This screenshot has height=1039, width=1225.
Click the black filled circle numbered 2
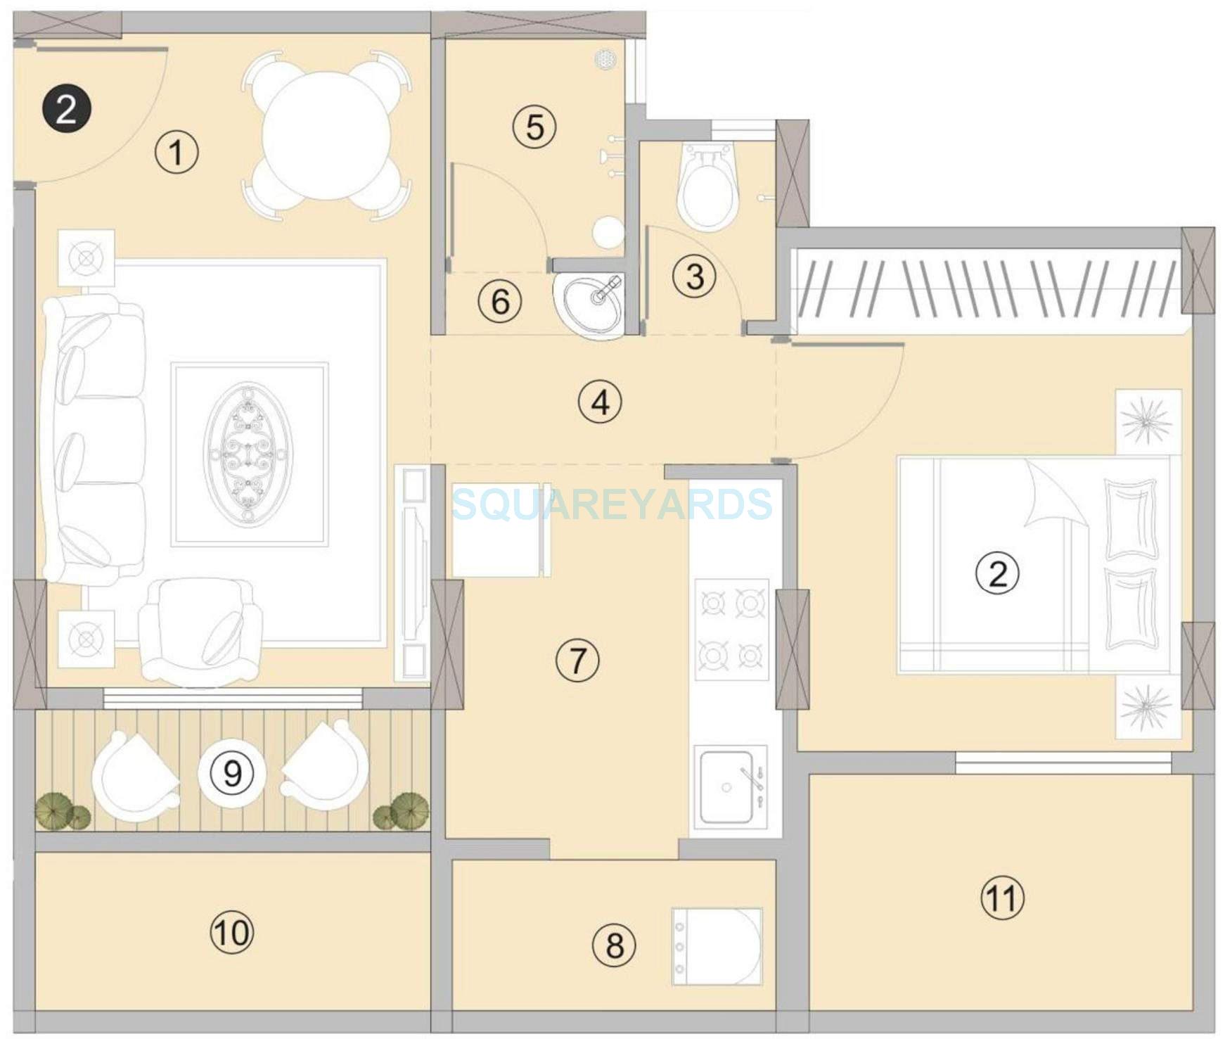click(65, 110)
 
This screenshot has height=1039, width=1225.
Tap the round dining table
click(326, 136)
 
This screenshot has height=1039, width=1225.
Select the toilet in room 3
click(709, 186)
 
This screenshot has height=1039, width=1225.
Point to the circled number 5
click(534, 127)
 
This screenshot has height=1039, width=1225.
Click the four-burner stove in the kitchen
click(731, 629)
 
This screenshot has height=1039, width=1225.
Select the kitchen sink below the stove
click(727, 786)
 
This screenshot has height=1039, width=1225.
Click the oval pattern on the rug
click(249, 452)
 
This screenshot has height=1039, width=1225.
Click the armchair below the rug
click(200, 632)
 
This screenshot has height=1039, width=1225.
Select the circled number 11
click(1002, 898)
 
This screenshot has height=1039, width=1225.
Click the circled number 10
click(231, 933)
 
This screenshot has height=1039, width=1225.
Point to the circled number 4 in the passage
click(600, 402)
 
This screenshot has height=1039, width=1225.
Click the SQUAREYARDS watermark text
click(612, 504)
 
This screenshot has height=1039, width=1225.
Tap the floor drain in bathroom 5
click(606, 59)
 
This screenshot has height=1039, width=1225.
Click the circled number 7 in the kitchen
click(577, 660)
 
